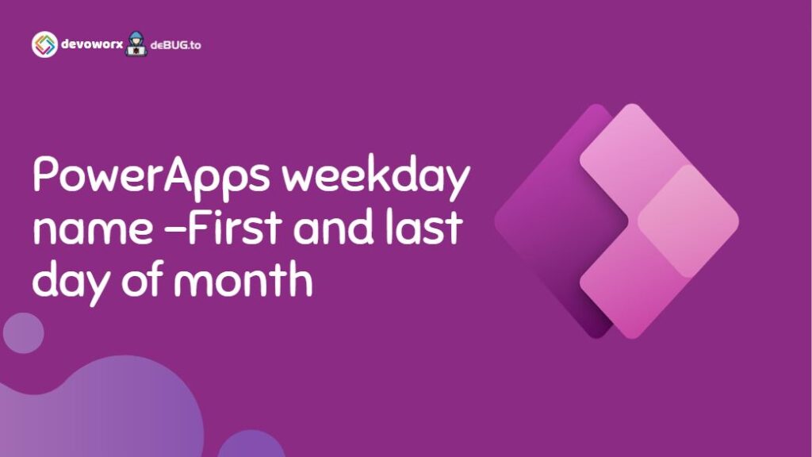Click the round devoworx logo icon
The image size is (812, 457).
(x=44, y=44)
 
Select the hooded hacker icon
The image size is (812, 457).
(x=136, y=44)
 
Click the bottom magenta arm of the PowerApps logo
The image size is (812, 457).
(x=626, y=294)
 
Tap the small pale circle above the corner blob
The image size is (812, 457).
(x=23, y=333)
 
